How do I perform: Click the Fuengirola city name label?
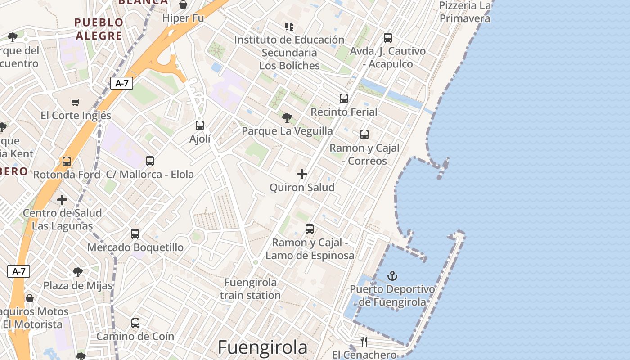click(x=263, y=347)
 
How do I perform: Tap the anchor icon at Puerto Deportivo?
click(x=392, y=275)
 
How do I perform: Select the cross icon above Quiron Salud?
click(x=302, y=174)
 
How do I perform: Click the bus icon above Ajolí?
click(x=200, y=126)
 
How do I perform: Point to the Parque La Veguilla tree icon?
click(x=287, y=118)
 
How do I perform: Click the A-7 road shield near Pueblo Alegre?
click(x=121, y=83)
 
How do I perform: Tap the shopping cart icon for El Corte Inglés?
click(x=75, y=103)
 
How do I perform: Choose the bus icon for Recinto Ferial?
click(x=344, y=98)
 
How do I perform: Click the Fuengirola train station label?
click(x=251, y=289)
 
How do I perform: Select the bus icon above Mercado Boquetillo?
click(x=135, y=234)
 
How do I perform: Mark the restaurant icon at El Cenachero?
click(x=364, y=342)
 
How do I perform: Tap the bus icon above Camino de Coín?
click(x=135, y=323)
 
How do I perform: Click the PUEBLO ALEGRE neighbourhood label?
click(x=99, y=29)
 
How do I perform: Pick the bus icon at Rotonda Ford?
click(x=67, y=161)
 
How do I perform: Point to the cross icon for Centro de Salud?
click(x=62, y=200)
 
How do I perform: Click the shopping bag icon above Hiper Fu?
click(x=183, y=5)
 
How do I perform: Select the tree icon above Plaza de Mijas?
click(x=77, y=272)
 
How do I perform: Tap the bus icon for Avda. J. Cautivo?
click(x=388, y=38)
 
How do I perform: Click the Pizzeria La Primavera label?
click(x=464, y=12)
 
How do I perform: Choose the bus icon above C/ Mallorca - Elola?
click(x=150, y=161)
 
